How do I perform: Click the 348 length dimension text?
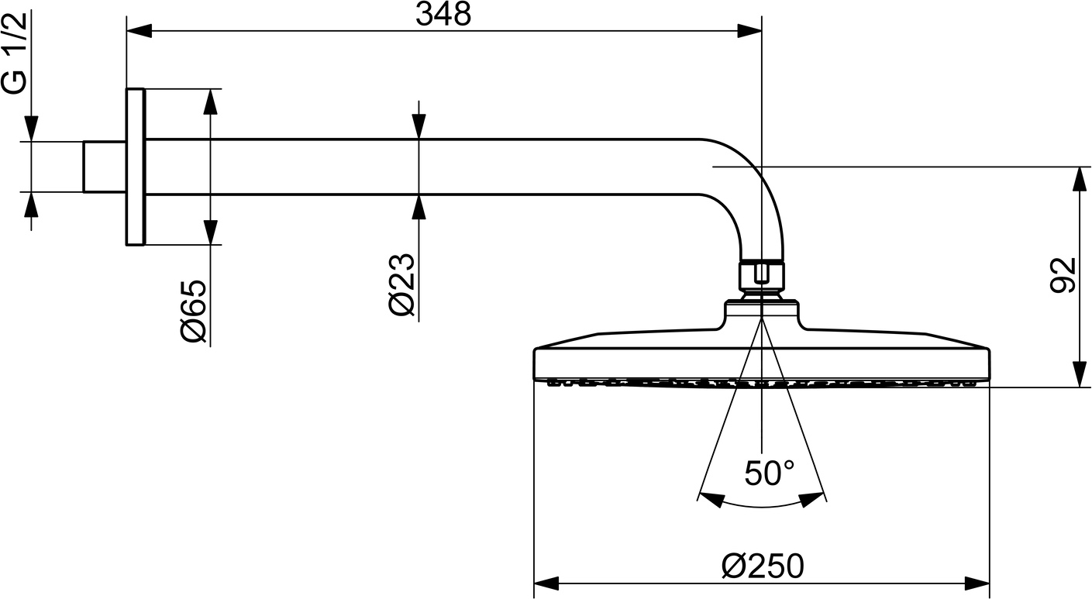coord(443,15)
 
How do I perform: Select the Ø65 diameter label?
coord(194,312)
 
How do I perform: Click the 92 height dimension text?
coord(1063,275)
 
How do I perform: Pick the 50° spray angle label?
coord(770,473)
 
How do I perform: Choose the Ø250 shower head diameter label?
coord(763,566)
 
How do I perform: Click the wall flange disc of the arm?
coord(136,167)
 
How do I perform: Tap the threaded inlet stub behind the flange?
coord(105,167)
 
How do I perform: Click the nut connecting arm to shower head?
coord(762,276)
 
